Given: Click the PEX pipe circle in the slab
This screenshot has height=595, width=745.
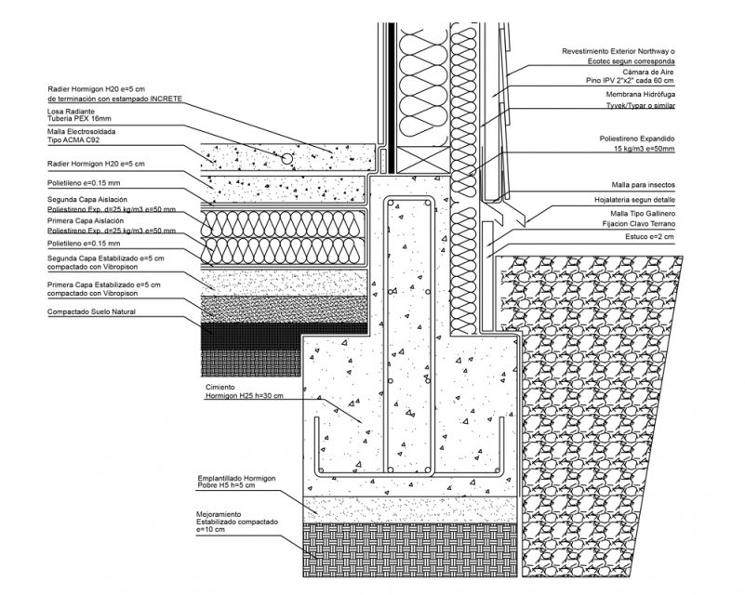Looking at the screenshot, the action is tap(286, 159).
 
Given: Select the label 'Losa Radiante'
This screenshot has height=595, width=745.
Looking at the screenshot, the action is tap(71, 112).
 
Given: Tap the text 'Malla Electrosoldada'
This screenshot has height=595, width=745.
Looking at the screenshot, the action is tap(81, 131).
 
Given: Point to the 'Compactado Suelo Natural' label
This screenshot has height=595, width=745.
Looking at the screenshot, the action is tap(91, 312).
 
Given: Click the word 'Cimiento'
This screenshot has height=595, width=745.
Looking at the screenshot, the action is tap(220, 388).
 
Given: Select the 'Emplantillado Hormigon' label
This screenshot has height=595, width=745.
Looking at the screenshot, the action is tap(236, 479).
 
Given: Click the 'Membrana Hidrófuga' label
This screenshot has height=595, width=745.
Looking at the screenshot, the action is tap(641, 95).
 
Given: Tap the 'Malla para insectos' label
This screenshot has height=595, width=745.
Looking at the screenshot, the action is tap(643, 185).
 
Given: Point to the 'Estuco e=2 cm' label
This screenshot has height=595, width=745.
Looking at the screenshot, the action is tap(649, 236).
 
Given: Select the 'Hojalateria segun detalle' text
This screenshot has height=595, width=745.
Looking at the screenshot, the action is tap(634, 201).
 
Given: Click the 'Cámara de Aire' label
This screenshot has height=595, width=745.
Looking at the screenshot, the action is tap(648, 73).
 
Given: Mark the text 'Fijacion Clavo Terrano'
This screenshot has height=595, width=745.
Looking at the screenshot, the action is tap(639, 224).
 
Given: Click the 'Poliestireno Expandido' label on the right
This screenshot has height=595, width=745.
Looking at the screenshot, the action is tap(637, 139).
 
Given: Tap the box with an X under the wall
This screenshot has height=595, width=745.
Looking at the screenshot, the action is tap(422, 160).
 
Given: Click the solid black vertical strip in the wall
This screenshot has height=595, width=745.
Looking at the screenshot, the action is tap(392, 98).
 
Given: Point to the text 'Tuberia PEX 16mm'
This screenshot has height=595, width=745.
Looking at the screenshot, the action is tap(79, 118).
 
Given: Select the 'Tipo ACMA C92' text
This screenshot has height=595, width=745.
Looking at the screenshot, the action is tap(73, 140).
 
